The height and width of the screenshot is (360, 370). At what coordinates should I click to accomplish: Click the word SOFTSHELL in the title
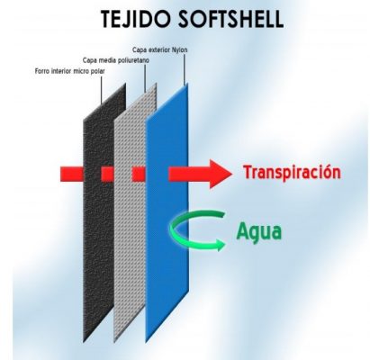[x=231, y=19]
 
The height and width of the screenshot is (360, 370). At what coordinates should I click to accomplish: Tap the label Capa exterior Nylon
[x=160, y=49]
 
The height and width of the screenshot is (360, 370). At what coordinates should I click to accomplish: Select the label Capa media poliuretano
[x=116, y=60]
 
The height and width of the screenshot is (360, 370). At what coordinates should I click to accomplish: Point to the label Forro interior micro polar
[x=70, y=71]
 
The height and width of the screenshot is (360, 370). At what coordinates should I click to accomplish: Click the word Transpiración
[x=292, y=172]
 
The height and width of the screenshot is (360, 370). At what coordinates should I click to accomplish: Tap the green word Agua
[x=259, y=231]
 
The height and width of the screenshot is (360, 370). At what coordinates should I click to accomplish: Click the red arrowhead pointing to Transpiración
[x=221, y=174]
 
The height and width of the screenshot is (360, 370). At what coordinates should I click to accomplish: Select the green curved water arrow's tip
[x=222, y=245]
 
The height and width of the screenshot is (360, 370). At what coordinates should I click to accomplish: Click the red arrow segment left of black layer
[x=72, y=175]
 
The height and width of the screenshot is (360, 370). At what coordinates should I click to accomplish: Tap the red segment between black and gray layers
[x=107, y=175]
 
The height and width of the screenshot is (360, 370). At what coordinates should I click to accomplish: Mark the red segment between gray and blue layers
[x=139, y=175]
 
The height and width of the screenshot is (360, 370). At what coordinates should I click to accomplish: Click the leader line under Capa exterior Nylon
[x=185, y=69]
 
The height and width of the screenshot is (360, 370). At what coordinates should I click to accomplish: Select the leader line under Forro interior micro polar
[x=102, y=90]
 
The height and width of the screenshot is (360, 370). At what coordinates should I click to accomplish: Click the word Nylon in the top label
[x=179, y=49]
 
